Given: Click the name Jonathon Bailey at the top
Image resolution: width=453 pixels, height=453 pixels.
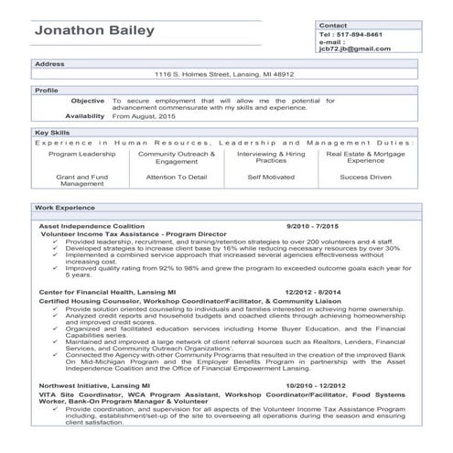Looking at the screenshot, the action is (94, 31).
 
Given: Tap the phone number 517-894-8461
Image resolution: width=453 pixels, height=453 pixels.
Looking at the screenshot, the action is (363, 35).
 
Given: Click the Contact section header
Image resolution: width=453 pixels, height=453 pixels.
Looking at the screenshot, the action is (333, 25).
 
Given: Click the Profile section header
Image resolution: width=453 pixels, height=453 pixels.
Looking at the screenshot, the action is (46, 91).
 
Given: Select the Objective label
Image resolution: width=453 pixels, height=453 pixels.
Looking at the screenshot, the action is (88, 101).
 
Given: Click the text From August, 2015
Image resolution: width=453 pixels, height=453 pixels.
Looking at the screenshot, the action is (145, 117).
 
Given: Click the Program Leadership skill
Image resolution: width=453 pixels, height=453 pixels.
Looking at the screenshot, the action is (82, 155).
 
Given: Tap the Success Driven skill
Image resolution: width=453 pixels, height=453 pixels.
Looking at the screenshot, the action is (366, 177).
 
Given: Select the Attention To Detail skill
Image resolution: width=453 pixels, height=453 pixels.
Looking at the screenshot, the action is (177, 177).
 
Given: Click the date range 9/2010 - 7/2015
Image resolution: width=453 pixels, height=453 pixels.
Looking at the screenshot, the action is (312, 225).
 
